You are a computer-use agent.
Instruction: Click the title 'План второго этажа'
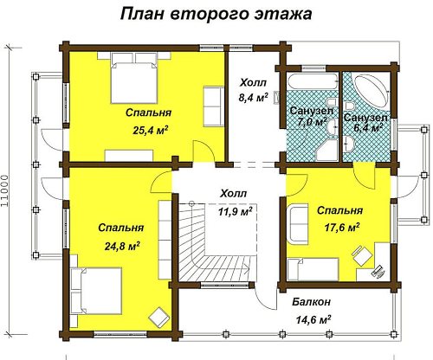(x=216, y=15)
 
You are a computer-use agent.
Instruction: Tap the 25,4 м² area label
(x=151, y=131)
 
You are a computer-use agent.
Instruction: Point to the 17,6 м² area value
(x=342, y=228)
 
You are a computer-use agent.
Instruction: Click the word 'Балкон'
(x=311, y=302)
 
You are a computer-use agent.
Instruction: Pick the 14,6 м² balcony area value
(x=313, y=319)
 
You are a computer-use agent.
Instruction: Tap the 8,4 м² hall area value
(x=253, y=98)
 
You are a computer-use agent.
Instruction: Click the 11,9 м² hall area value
(x=236, y=211)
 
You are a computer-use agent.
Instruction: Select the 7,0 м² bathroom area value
(x=312, y=122)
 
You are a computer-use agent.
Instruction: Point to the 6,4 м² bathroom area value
(x=368, y=127)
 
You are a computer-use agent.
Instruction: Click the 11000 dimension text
(x=4, y=190)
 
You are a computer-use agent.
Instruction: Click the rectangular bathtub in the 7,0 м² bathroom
(x=312, y=81)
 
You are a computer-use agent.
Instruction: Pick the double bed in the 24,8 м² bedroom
(x=96, y=291)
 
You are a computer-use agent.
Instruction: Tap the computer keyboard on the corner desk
(x=378, y=271)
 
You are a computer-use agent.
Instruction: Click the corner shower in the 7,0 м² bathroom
(x=327, y=150)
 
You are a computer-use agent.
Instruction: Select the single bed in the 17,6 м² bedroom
(x=313, y=269)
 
